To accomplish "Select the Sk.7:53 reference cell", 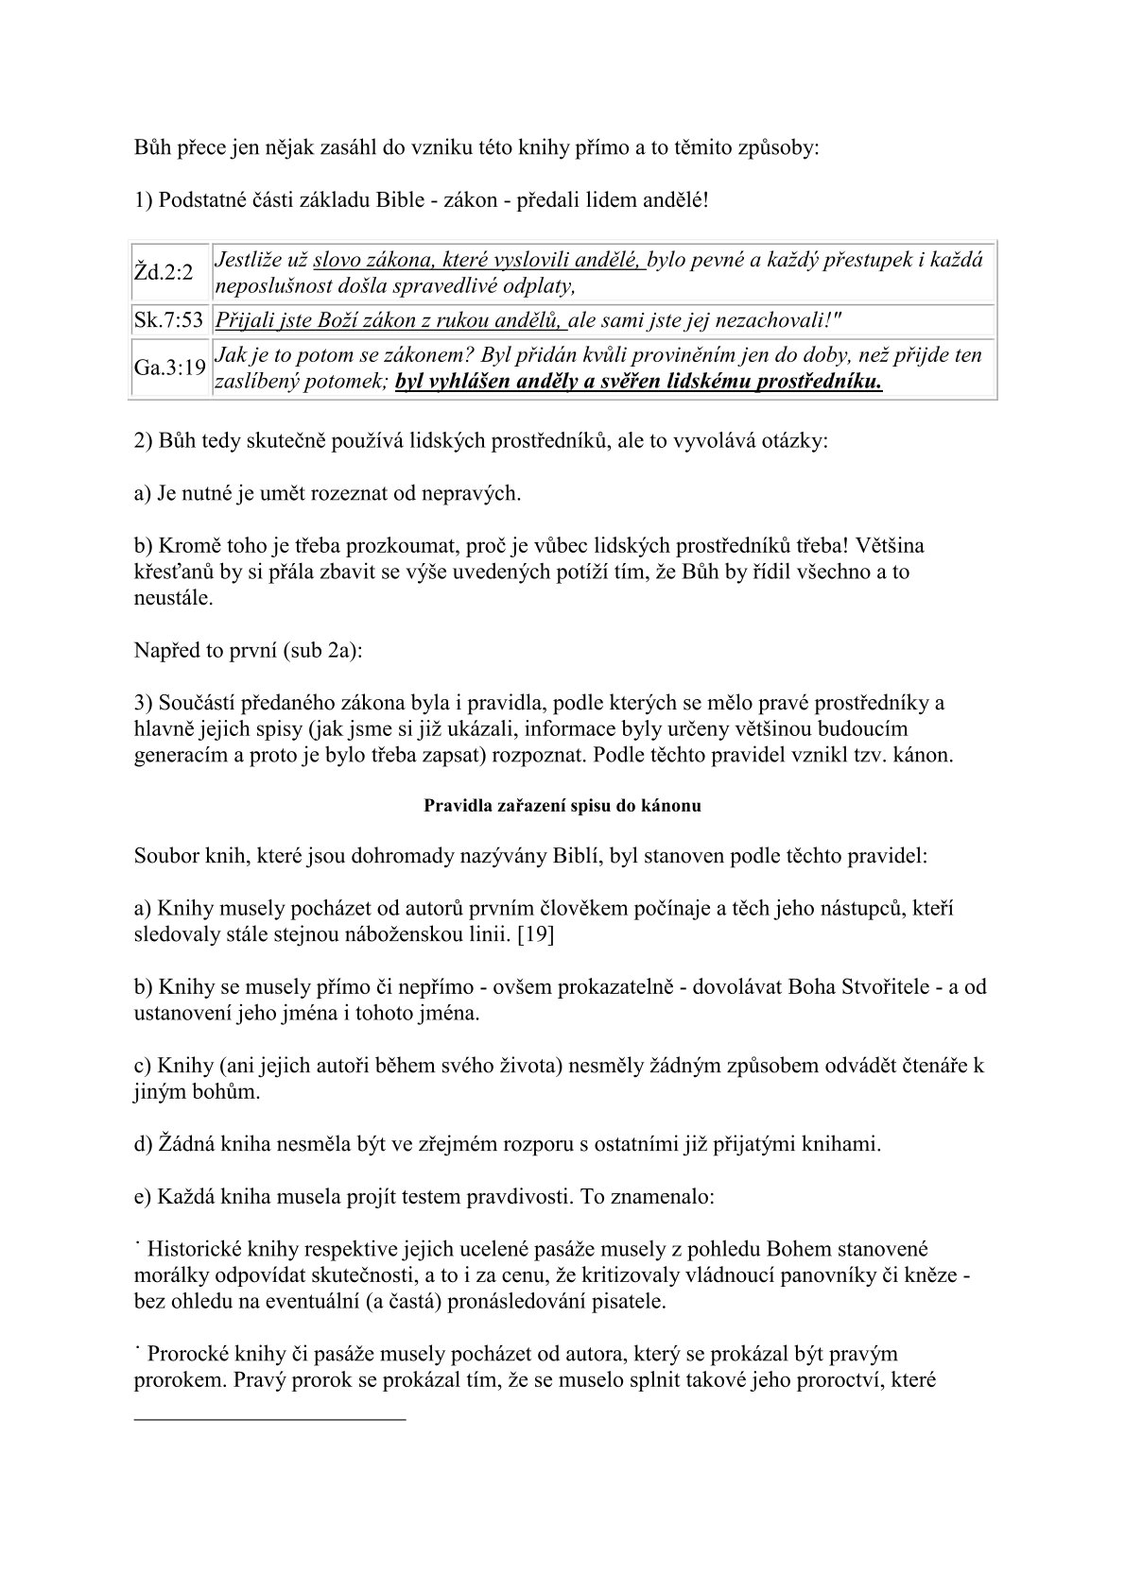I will point(169,320).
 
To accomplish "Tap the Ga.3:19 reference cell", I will point(169,368).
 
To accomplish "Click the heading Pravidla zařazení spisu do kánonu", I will point(562,807).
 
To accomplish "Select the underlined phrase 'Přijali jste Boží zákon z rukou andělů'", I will point(390,320).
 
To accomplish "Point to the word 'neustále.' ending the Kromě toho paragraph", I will point(173,598).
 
